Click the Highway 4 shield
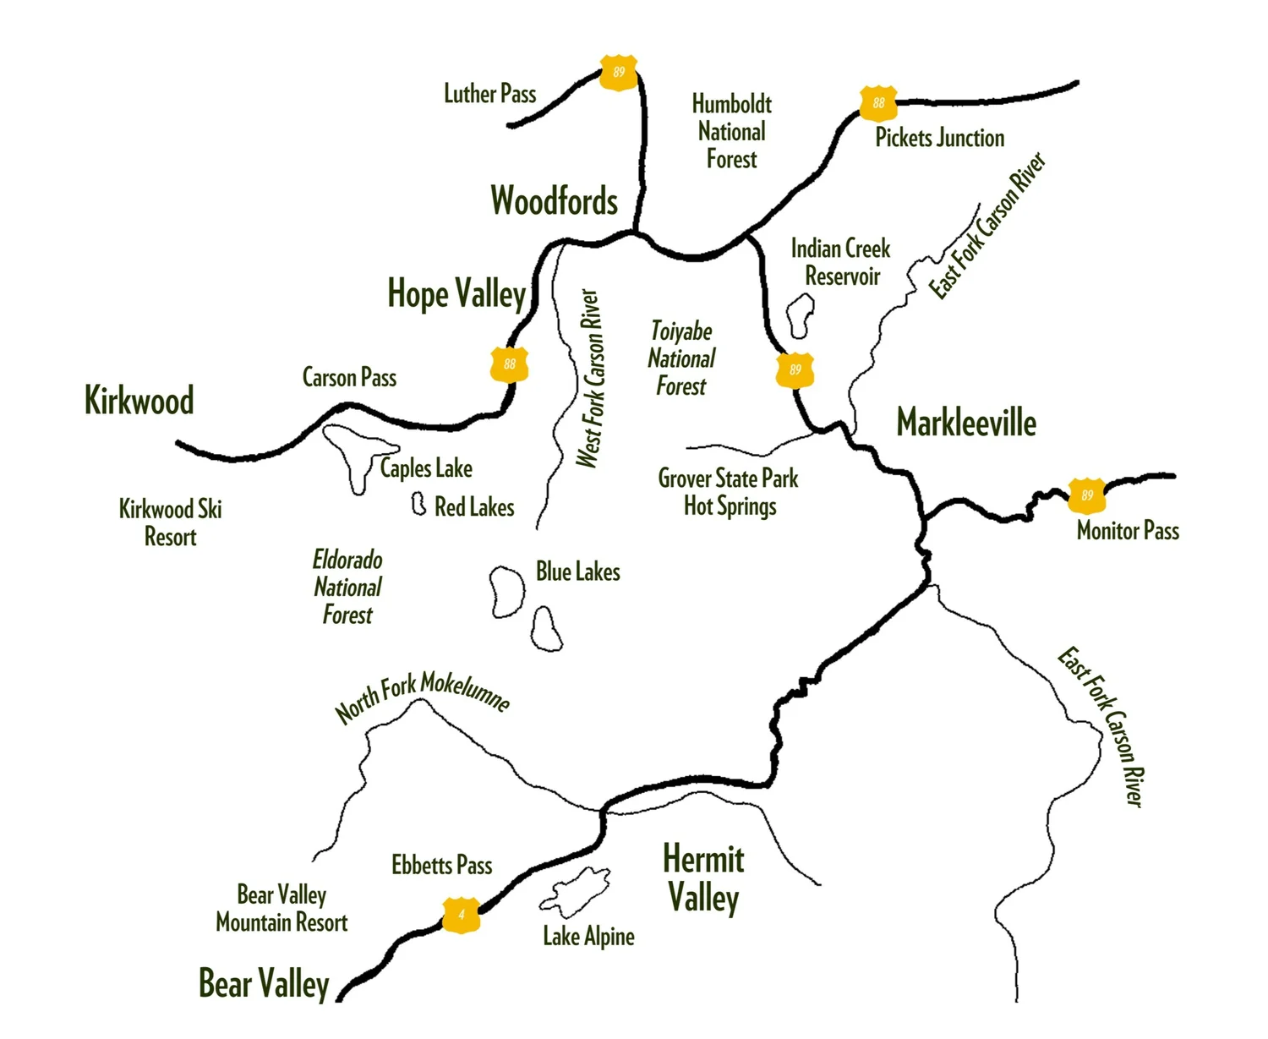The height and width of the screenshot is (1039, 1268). [x=462, y=915]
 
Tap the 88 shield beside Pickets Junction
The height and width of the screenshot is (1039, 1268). [x=878, y=103]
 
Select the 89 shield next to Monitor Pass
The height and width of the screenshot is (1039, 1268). [x=1087, y=495]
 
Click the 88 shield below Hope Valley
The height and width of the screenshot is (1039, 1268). [x=509, y=364]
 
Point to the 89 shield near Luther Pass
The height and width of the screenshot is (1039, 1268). [x=619, y=73]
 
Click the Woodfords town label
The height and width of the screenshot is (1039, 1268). [x=555, y=201]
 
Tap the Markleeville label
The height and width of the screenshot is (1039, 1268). [x=966, y=423]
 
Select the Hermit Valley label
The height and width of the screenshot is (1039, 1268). [x=703, y=878]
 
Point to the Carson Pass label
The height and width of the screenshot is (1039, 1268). [x=349, y=377]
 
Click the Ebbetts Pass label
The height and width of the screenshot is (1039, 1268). [x=441, y=865]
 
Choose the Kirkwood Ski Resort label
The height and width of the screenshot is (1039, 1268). [x=170, y=522]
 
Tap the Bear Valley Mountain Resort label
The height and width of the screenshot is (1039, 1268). [x=281, y=908]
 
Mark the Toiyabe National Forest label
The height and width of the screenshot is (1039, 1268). [x=681, y=358]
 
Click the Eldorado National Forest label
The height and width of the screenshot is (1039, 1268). [x=347, y=587]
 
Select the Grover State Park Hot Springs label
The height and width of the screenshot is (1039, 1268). [x=729, y=492]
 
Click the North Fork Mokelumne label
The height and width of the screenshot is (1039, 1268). [x=422, y=698]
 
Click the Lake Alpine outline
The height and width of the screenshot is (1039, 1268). [x=577, y=891]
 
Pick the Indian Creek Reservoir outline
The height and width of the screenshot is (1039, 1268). [x=800, y=316]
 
